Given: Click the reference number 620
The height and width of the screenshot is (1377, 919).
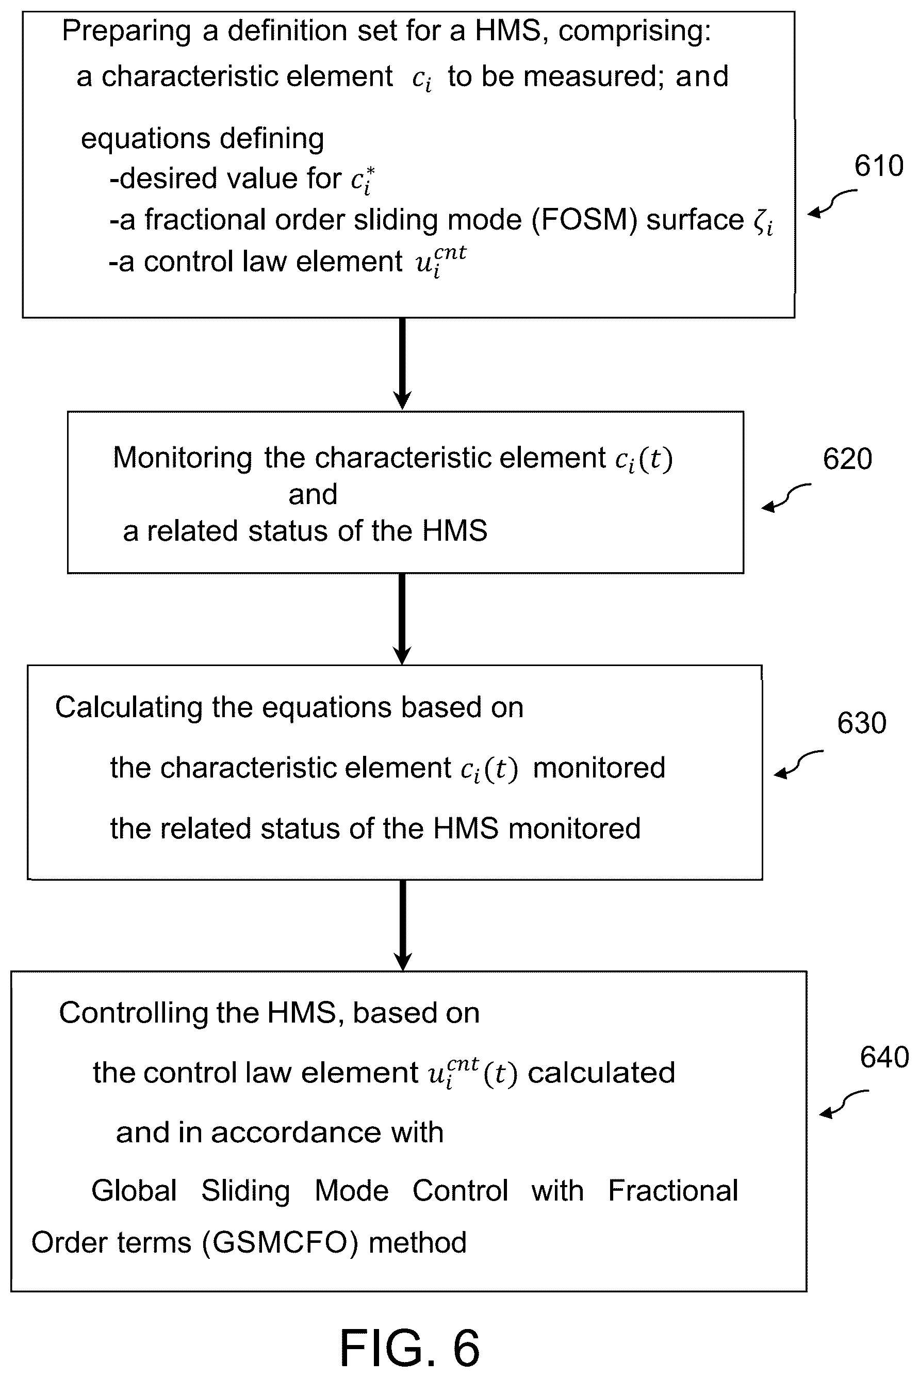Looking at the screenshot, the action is click(x=847, y=459).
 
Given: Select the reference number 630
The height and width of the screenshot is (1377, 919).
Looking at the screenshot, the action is click(x=862, y=723).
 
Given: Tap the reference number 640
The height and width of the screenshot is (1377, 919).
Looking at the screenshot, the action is click(x=884, y=1057).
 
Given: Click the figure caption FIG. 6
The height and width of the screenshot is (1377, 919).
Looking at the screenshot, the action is click(x=409, y=1348).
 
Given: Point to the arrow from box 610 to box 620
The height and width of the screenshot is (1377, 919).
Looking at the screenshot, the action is click(x=403, y=363).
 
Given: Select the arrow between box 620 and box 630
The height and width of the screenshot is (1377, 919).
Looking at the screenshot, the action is click(x=403, y=619).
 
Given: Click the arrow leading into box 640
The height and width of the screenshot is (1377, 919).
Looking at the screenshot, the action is click(x=403, y=925).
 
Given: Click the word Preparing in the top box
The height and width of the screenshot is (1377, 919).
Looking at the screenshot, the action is click(x=126, y=31).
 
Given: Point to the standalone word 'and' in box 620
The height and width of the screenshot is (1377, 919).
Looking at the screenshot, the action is click(x=313, y=494).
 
